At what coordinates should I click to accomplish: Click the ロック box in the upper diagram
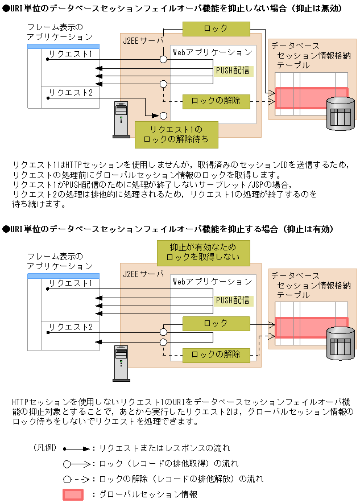[x=216, y=28]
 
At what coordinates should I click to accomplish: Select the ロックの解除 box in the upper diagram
[x=216, y=101]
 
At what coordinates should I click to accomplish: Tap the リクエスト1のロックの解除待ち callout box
[x=176, y=135]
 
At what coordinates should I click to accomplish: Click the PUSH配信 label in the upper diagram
[x=233, y=71]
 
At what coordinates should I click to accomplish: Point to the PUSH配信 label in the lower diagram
[x=233, y=300]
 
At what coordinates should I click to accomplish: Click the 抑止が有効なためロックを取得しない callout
[x=203, y=253]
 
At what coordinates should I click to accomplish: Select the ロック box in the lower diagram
[x=216, y=324]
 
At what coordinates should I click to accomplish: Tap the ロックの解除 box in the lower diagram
[x=216, y=355]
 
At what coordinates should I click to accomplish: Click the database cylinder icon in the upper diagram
[x=341, y=114]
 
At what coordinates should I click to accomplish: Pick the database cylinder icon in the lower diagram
[x=341, y=343]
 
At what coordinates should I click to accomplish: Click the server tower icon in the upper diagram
[x=122, y=119]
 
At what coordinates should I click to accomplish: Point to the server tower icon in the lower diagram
[x=122, y=364]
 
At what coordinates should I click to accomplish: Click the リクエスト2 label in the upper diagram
[x=71, y=93]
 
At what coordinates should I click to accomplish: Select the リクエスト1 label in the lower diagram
[x=71, y=283]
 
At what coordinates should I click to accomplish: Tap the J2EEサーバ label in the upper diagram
[x=143, y=41]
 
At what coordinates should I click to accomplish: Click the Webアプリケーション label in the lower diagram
[x=213, y=282]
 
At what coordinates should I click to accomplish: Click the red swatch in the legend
[x=73, y=494]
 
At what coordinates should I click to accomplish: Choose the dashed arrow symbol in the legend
[x=77, y=479]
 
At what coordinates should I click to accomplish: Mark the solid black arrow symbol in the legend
[x=77, y=449]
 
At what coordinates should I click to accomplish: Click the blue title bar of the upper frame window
[x=64, y=47]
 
